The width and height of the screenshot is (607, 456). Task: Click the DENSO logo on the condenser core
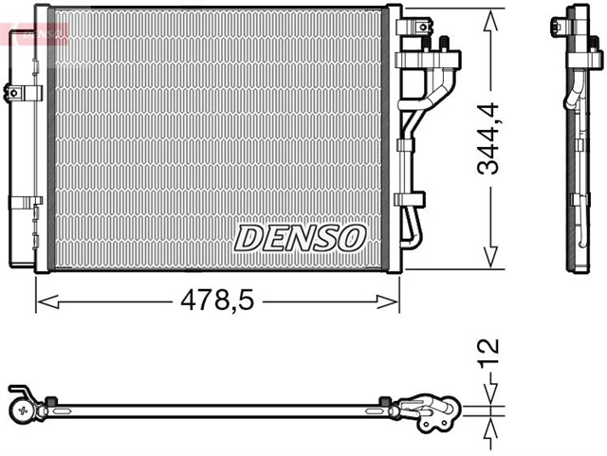[x=300, y=237]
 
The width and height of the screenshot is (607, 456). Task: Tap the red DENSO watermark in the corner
[x=36, y=32]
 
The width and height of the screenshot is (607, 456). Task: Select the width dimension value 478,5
[x=217, y=301]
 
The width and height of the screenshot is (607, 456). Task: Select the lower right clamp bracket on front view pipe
[x=411, y=199]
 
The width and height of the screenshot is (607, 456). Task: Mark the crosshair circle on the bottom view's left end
[x=22, y=410]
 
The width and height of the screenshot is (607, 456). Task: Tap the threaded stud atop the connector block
[x=442, y=43]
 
